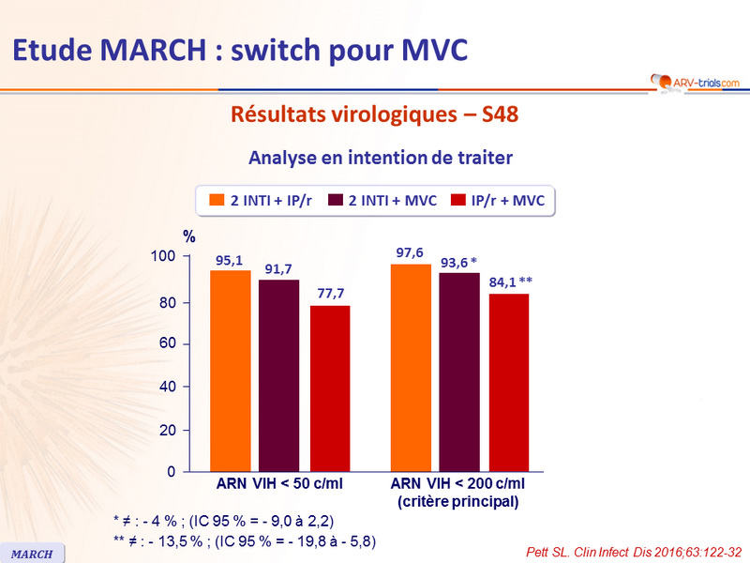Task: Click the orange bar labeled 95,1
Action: click(x=230, y=370)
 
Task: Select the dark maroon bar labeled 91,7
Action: click(x=279, y=374)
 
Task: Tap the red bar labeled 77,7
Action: click(x=330, y=388)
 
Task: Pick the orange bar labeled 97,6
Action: click(x=411, y=367)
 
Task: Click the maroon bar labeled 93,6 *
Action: click(x=459, y=372)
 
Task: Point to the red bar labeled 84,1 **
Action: click(x=509, y=382)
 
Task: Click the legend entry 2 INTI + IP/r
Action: click(x=252, y=199)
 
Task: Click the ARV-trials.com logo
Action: click(x=693, y=84)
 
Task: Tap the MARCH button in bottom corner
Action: click(x=32, y=554)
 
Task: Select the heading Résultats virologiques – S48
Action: click(x=374, y=115)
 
